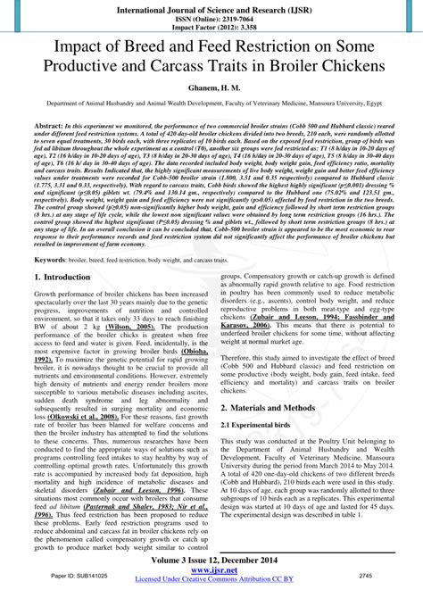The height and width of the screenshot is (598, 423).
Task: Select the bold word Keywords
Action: tap(52, 259)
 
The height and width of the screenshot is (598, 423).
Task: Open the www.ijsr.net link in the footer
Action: tap(211, 572)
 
